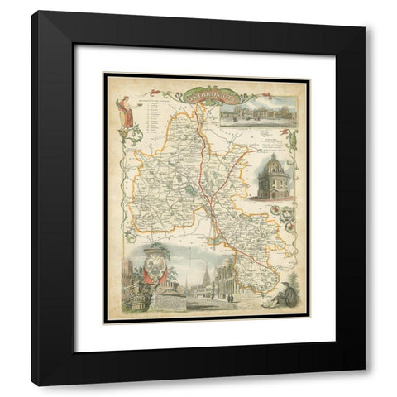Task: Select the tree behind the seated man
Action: (x=289, y=269)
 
